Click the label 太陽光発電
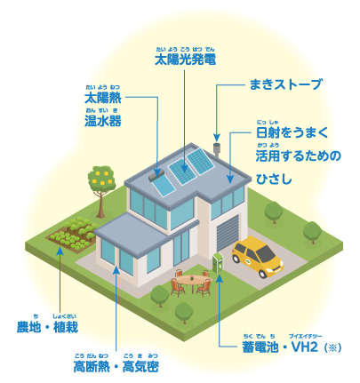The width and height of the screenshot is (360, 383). (x=185, y=60)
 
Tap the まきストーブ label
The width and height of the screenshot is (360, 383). (x=285, y=84)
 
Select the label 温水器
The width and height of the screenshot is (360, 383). (x=103, y=121)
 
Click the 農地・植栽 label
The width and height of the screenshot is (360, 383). (x=47, y=327)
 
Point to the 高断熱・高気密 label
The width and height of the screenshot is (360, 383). (x=116, y=366)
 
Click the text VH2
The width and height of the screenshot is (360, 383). (x=305, y=347)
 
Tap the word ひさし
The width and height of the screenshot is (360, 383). (x=274, y=179)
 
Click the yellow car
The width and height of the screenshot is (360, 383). (x=257, y=257)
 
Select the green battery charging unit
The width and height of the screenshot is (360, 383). (x=219, y=262)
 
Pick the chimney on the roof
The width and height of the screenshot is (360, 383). (x=217, y=150)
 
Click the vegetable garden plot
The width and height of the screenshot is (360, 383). (x=72, y=234)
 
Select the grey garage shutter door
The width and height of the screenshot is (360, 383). (x=228, y=233)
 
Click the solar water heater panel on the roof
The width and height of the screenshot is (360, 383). (x=162, y=184)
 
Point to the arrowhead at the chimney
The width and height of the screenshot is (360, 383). (x=217, y=138)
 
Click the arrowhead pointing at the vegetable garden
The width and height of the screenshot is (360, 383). (x=60, y=251)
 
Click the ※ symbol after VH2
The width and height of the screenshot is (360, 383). (x=333, y=347)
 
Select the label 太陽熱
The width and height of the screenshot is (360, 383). (x=103, y=98)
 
